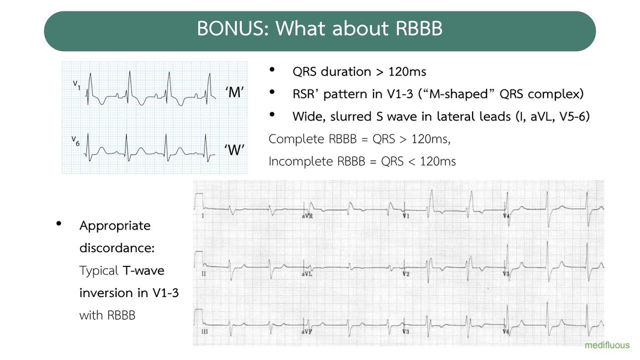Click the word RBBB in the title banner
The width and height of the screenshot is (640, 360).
point(419,28)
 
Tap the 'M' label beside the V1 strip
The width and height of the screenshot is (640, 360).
point(234,92)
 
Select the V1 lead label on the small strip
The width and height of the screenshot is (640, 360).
point(76,84)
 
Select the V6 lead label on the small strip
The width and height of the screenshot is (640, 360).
point(75,141)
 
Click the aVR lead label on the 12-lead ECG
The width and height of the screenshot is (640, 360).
point(307,216)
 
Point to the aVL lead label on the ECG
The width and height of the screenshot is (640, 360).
point(307,274)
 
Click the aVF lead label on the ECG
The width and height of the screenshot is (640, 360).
point(307,331)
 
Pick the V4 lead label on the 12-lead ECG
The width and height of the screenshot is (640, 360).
point(506,216)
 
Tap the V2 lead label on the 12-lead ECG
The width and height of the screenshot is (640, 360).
point(406,274)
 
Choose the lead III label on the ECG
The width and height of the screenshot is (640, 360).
point(203,331)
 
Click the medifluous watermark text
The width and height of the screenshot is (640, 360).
point(607,345)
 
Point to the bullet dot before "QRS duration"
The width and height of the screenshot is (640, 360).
point(272,70)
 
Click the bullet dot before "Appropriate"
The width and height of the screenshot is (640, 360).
point(59,224)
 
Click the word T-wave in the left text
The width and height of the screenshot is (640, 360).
point(143,271)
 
